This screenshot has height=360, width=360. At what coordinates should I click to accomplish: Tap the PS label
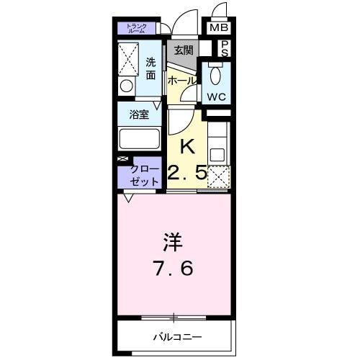tap(225, 48)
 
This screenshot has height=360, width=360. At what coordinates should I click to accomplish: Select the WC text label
tap(217, 96)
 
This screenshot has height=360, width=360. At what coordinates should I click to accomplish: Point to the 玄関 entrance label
tap(182, 50)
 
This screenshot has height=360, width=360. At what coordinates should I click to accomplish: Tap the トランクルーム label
tap(137, 29)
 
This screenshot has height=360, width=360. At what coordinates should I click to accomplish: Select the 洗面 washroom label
tap(150, 68)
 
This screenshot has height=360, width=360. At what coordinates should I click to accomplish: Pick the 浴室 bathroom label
tap(139, 114)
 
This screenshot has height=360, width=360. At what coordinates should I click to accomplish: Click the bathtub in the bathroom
tap(140, 138)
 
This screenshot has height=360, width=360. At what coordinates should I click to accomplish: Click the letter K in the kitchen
tap(187, 147)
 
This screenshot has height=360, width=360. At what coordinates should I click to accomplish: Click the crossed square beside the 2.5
tap(218, 176)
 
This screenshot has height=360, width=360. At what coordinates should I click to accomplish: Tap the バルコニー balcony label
tap(177, 336)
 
